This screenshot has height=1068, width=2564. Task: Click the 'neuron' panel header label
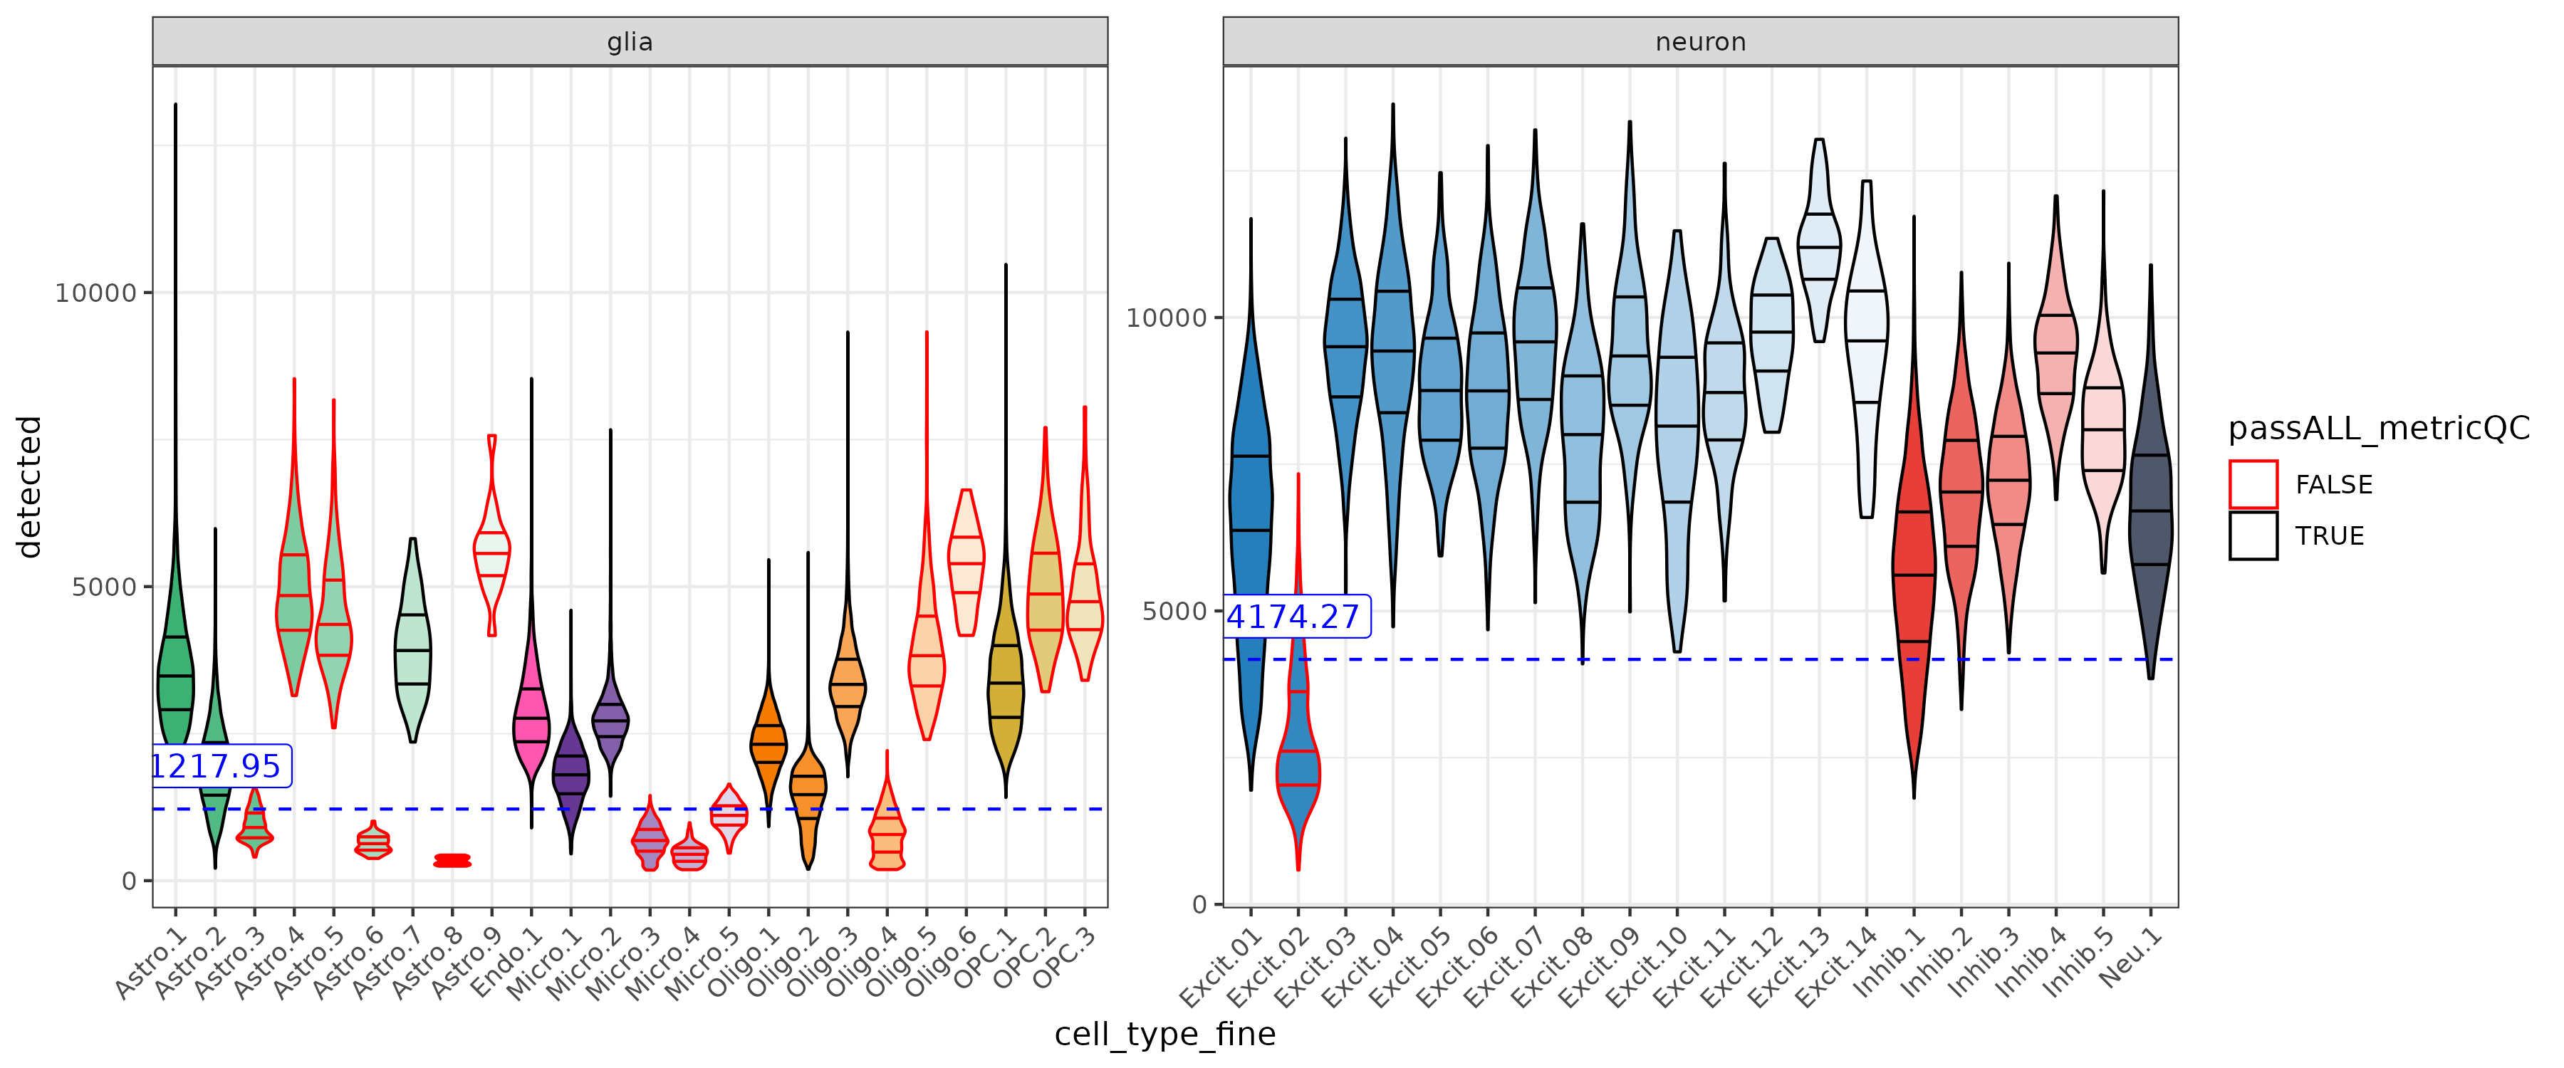(1699, 42)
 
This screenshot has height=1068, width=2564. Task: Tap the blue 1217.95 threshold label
(217, 766)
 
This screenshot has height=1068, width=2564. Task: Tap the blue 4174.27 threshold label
(1292, 617)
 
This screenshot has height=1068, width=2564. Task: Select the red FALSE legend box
(2253, 485)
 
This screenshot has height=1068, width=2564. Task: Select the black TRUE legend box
(2253, 535)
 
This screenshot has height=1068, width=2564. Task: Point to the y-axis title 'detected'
(30, 487)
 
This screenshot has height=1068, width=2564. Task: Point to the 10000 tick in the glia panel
(95, 293)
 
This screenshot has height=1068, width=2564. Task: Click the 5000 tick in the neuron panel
(1174, 610)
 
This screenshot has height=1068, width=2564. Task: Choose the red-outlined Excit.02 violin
(1298, 766)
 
